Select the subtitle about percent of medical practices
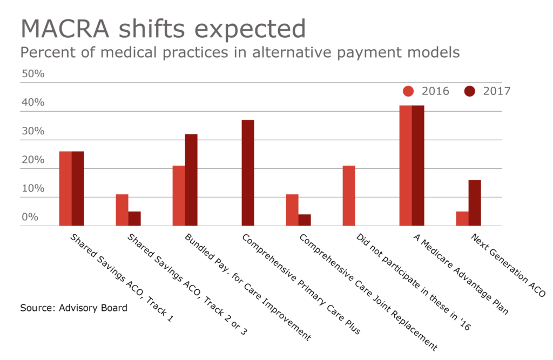240,53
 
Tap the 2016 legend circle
409,91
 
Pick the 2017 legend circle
470,91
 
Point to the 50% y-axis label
32,74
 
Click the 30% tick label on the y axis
32,131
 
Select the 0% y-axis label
30,217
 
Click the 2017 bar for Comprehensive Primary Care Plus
248,173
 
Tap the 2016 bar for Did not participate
349,196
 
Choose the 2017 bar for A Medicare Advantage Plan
418,166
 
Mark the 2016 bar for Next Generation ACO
462,219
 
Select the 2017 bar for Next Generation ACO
475,203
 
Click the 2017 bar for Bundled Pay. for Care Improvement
191,180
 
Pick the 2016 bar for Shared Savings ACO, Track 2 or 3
122,210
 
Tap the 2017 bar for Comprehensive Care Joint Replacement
305,220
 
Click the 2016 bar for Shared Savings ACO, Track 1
65,188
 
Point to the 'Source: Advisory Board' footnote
74,308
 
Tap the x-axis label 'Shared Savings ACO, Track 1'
122,278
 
